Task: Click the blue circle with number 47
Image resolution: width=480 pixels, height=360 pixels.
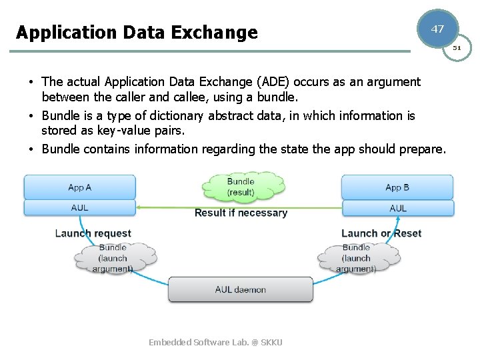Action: click(x=437, y=29)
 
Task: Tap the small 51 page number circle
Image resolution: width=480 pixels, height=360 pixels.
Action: click(x=457, y=48)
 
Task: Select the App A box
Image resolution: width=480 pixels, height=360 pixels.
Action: click(x=79, y=187)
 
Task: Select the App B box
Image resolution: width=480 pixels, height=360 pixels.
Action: click(x=397, y=187)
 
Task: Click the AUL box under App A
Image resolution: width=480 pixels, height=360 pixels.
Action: click(x=79, y=208)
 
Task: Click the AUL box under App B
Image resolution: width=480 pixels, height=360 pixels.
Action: click(x=397, y=208)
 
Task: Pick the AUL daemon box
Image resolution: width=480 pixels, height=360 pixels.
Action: click(x=240, y=290)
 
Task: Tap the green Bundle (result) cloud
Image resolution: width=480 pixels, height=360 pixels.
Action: click(x=241, y=187)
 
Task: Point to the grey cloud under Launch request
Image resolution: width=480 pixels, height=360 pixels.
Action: click(x=113, y=258)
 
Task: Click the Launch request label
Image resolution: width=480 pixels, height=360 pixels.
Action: click(x=93, y=233)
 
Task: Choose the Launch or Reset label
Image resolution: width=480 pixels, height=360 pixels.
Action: click(x=381, y=233)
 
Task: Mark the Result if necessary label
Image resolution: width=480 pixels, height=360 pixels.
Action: click(x=241, y=213)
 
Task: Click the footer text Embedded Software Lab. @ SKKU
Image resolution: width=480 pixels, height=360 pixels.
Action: click(x=215, y=342)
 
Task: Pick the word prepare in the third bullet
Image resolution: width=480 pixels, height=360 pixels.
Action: click(x=422, y=149)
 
